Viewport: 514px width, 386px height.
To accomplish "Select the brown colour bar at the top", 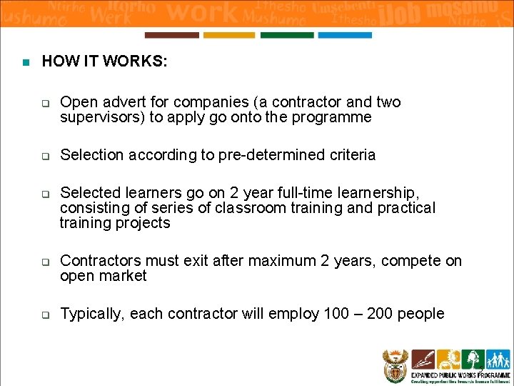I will (172, 35).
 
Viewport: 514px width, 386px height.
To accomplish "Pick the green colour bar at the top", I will (287, 35).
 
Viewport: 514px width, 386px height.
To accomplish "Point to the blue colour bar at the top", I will (345, 35).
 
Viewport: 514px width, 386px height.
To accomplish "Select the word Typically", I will (92, 314).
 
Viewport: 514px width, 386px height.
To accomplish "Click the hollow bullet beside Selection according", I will (44, 156).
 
